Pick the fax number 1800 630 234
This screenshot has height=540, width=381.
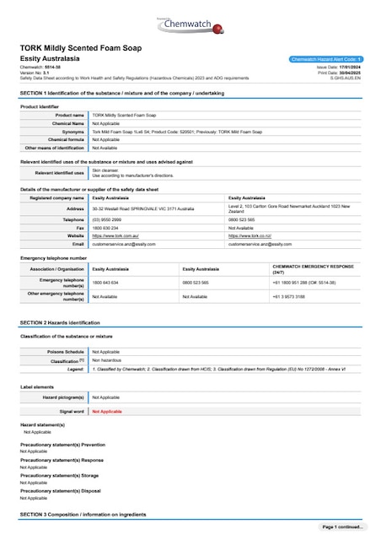click(105, 227)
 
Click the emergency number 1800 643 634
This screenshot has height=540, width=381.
click(105, 282)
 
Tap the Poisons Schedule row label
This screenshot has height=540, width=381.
click(66, 351)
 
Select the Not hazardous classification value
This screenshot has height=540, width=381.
click(106, 359)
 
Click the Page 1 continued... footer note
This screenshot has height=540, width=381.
click(342, 526)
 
